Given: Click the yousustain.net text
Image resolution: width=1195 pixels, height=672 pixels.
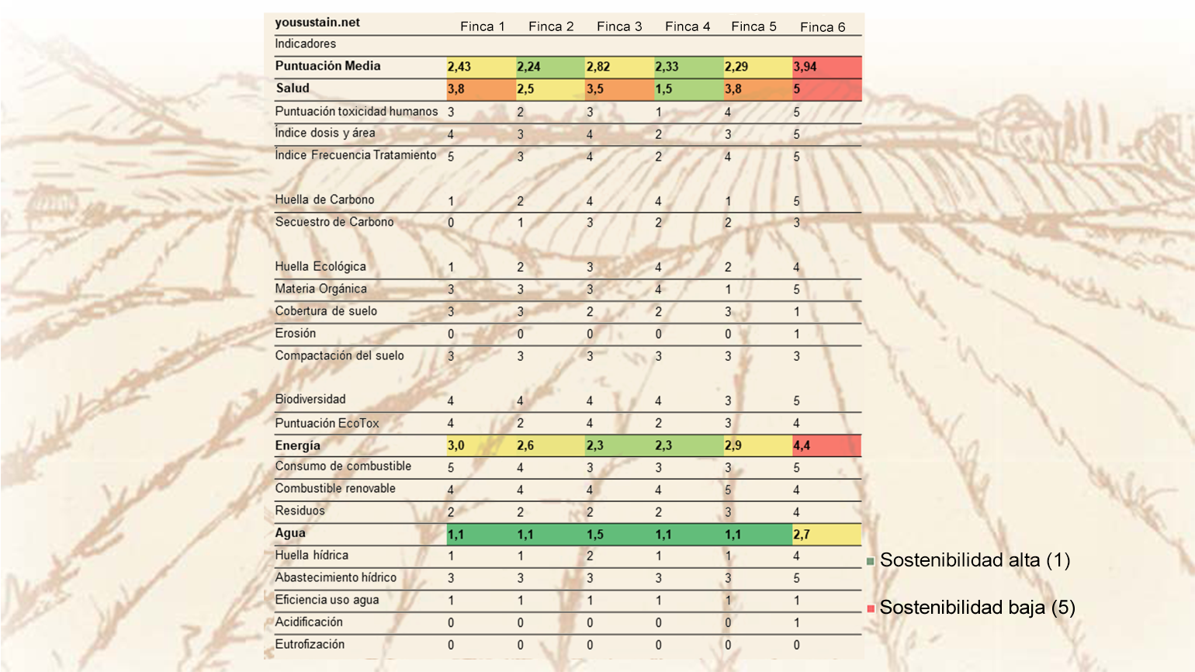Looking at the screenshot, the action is (317, 23).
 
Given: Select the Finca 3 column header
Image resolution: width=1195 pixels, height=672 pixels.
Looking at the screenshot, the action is (619, 26).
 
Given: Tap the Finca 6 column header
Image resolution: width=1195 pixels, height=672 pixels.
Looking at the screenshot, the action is (823, 27).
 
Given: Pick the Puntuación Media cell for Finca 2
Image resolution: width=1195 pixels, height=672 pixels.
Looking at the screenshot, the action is (551, 67).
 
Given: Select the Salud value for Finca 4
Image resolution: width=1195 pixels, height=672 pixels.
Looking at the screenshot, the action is (689, 89).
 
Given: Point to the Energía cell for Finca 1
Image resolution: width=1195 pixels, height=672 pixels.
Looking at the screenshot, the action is (481, 445).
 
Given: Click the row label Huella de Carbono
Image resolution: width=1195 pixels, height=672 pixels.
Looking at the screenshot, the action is (324, 200).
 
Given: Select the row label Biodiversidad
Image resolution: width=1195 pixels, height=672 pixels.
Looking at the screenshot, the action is (310, 400).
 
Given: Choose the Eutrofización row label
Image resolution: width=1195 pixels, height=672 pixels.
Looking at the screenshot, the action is (310, 644).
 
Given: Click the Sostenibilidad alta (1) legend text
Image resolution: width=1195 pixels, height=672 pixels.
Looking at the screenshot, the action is (975, 560).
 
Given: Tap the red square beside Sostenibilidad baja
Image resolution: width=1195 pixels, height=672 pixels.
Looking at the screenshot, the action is (871, 608).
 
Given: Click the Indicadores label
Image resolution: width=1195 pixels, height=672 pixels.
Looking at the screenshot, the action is (305, 43).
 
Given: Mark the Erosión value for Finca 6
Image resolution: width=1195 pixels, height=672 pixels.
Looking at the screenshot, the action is (796, 334).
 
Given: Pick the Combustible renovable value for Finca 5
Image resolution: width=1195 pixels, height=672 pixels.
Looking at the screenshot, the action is (728, 490).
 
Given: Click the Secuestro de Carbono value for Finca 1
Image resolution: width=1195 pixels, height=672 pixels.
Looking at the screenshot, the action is (451, 223).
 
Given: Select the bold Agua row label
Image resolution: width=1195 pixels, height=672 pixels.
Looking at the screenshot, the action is (290, 533).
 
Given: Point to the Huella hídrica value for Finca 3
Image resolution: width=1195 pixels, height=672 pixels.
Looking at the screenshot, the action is (590, 556).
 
